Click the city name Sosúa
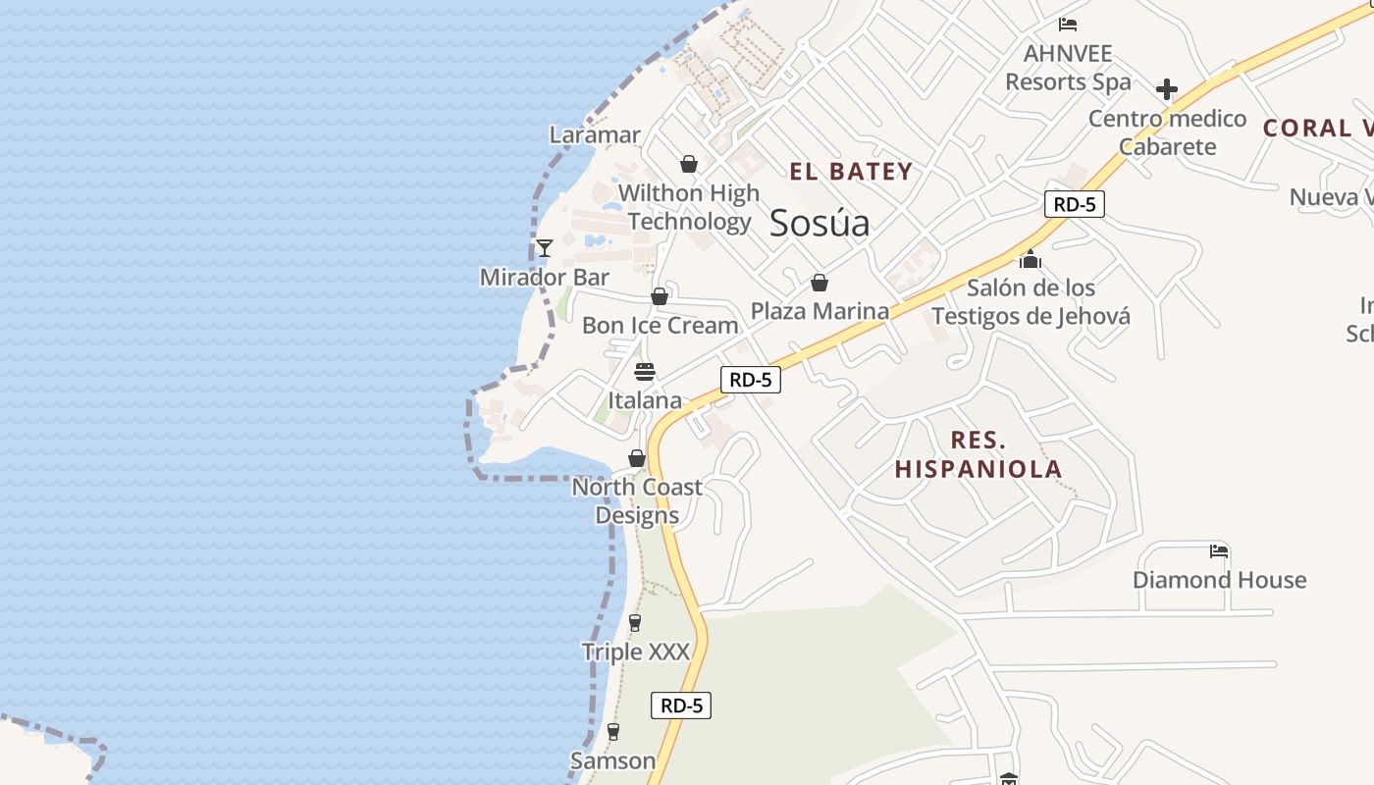coord(819,223)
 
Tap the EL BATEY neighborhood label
coord(851,172)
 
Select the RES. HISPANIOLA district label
coord(978,454)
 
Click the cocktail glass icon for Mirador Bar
coord(545,247)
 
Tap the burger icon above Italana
coord(645,372)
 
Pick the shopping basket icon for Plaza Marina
coord(819,283)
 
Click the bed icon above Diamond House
coord(1219,550)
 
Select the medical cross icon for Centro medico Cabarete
coord(1167,89)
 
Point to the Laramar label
coord(595,134)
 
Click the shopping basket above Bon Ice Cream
coord(660,296)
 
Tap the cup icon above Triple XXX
coord(635,623)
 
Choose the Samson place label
coord(613,760)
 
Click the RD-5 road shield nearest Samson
coord(680,705)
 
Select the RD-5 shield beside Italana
coord(751,380)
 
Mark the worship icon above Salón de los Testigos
coord(1030,259)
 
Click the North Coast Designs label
coord(637,500)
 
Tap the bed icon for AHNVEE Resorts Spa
coord(1068,24)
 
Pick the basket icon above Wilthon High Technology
coord(689,164)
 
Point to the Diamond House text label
coord(1219,580)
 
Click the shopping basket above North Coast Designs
coord(637,458)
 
